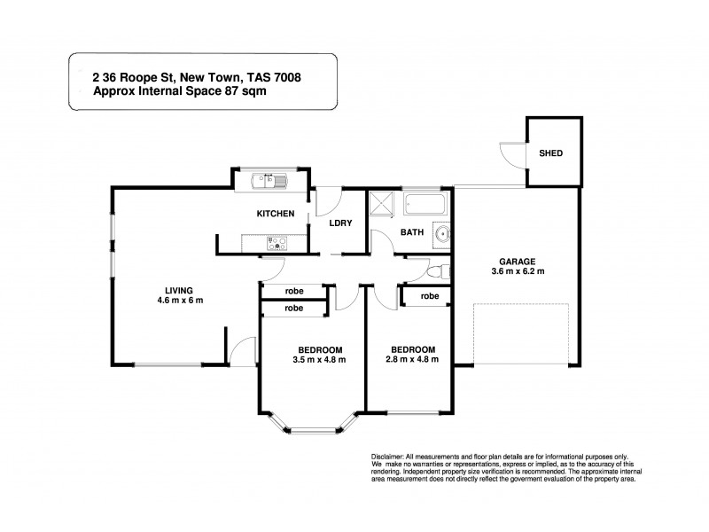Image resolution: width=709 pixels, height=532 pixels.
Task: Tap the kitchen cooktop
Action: [277, 240]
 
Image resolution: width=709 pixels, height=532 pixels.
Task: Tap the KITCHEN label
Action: [276, 215]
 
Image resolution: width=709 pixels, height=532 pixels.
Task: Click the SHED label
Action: [551, 153]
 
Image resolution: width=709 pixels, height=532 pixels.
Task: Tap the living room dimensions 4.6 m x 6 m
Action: [178, 300]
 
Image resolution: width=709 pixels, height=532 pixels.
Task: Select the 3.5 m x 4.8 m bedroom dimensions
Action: [318, 359]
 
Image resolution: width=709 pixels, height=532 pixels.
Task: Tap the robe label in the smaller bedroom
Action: [429, 296]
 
